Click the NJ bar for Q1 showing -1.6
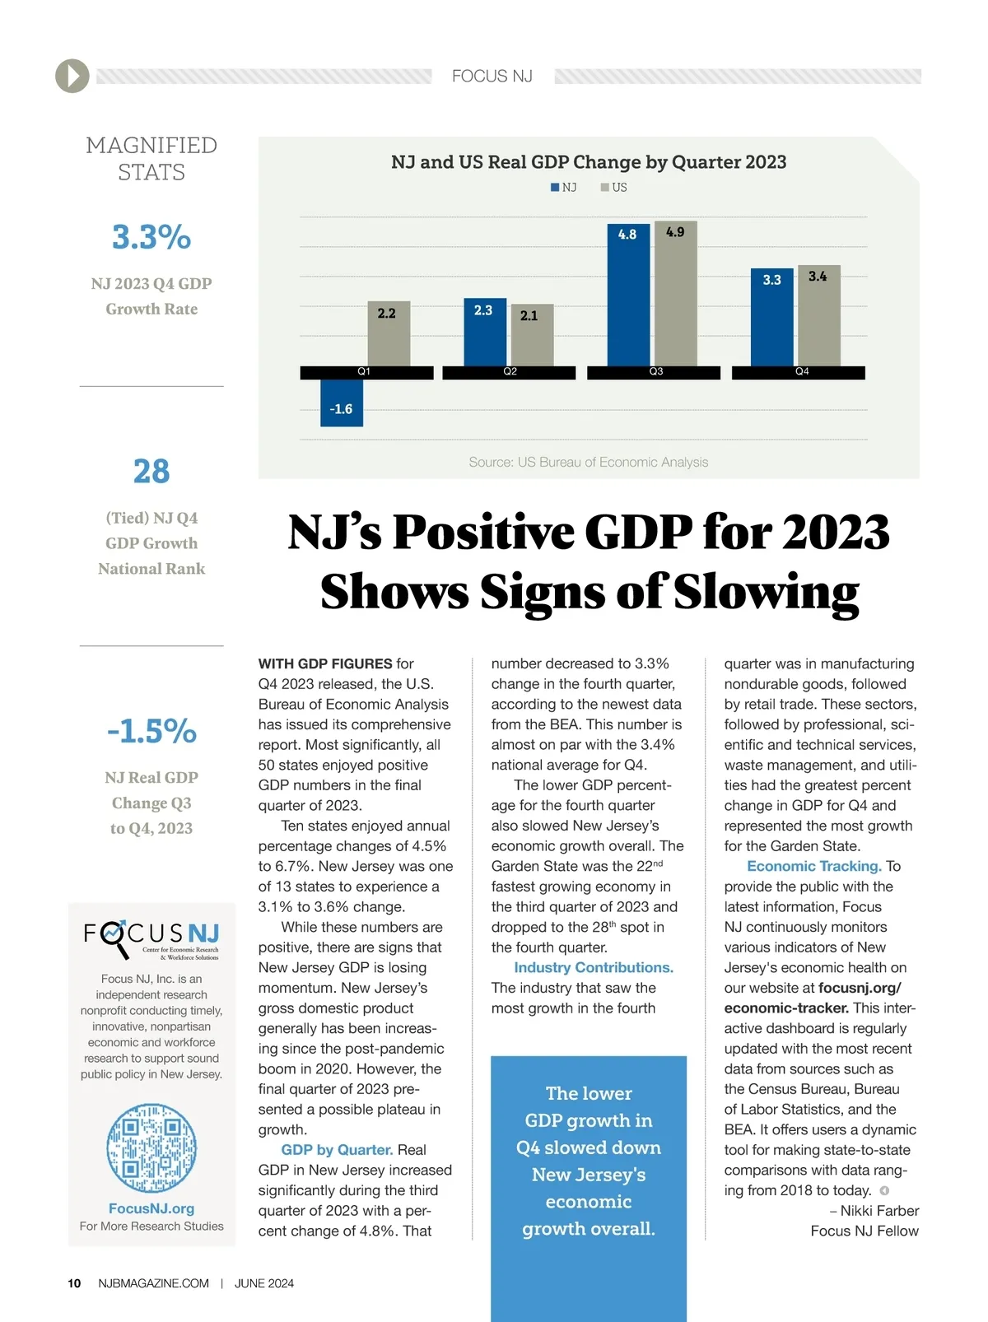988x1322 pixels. coord(341,403)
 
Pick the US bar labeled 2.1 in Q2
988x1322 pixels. coord(532,336)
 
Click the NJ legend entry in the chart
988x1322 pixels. coord(564,188)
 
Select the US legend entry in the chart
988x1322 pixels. coord(614,188)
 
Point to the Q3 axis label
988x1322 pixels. coord(655,372)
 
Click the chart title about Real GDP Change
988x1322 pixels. coord(589,162)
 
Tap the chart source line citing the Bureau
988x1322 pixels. coord(588,463)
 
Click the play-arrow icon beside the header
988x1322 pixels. coord(72,77)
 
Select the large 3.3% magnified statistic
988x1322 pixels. coord(151,237)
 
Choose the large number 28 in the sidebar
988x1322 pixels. coord(151,472)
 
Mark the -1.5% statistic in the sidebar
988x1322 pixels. coord(151,731)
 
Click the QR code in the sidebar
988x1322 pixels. coord(151,1148)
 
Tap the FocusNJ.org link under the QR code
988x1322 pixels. coord(151,1208)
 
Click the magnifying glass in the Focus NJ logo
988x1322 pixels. coord(116,937)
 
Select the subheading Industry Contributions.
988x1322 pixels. coord(593,968)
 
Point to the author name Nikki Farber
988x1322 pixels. coord(879,1211)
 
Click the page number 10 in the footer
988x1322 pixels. coord(74,1283)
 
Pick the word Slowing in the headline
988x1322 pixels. coord(766,593)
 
